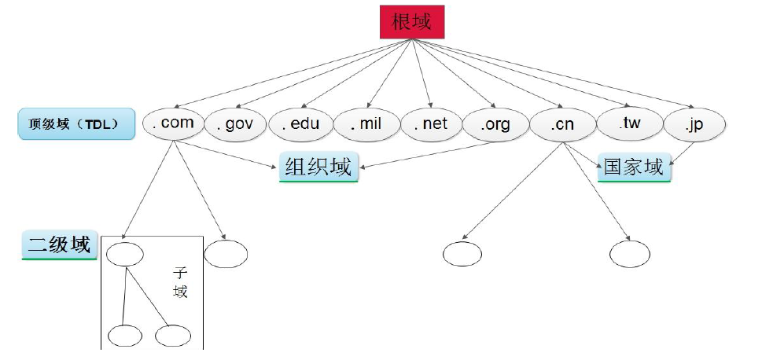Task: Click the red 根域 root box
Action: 412,22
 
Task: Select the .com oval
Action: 172,123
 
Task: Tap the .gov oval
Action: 236,125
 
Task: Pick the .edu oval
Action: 301,124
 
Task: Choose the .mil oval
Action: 367,124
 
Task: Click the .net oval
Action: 431,124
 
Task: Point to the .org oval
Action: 495,125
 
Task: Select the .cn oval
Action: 562,125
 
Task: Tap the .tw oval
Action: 630,124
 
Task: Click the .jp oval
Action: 694,125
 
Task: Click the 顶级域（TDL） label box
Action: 76,124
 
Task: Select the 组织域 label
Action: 318,167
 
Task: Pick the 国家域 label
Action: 634,167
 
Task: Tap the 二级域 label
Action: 59,245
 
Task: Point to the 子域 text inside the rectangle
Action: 180,283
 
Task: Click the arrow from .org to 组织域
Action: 425,155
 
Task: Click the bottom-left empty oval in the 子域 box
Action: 124,336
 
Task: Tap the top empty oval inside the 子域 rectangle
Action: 125,254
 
